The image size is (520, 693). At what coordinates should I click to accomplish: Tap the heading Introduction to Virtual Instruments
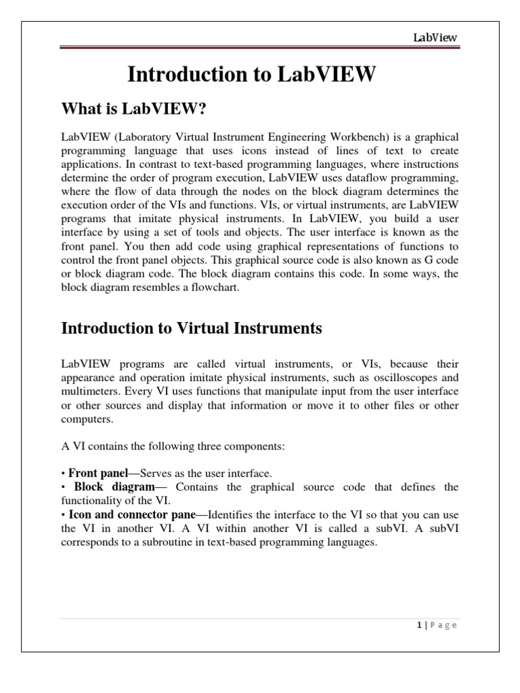(x=192, y=329)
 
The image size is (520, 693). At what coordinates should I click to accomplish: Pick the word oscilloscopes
(x=401, y=378)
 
